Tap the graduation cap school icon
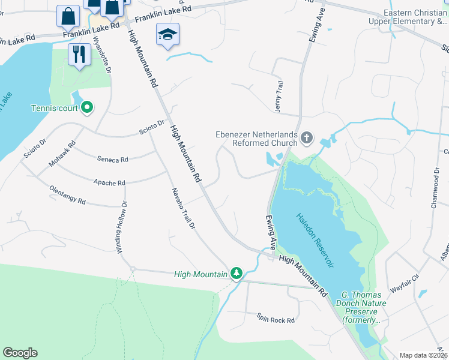[167, 35]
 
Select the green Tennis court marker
[87, 108]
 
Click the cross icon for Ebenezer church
[307, 139]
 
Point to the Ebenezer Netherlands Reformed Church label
[257, 139]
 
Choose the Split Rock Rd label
[276, 319]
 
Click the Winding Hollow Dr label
[122, 228]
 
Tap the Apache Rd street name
[109, 182]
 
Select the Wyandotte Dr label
[101, 55]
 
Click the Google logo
[20, 353]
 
